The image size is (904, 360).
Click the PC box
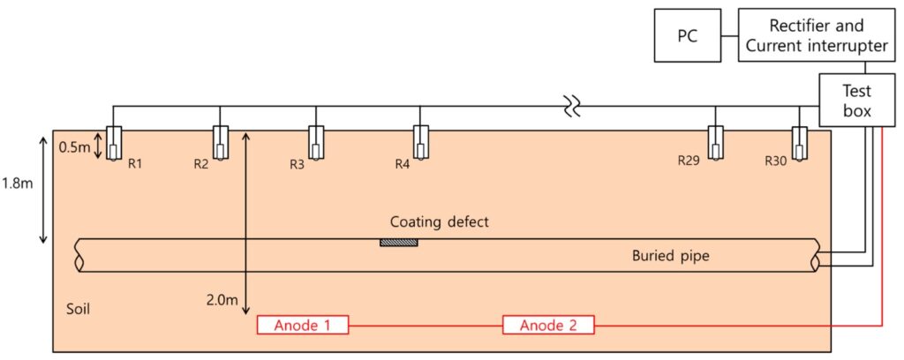pyautogui.click(x=685, y=35)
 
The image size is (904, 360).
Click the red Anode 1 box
pyautogui.click(x=302, y=326)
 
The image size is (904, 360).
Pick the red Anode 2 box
pyautogui.click(x=548, y=326)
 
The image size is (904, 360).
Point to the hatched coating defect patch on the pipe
pyautogui.click(x=399, y=242)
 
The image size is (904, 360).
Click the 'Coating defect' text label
pyautogui.click(x=439, y=222)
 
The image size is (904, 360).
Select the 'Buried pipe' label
pyautogui.click(x=670, y=257)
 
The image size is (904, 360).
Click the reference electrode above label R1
pyautogui.click(x=115, y=143)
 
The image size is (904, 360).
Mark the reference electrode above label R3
pyautogui.click(x=317, y=143)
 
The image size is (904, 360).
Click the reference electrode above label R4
pyautogui.click(x=421, y=143)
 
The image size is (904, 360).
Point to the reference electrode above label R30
pyautogui.click(x=800, y=143)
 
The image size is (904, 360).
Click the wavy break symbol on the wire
pyautogui.click(x=573, y=109)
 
